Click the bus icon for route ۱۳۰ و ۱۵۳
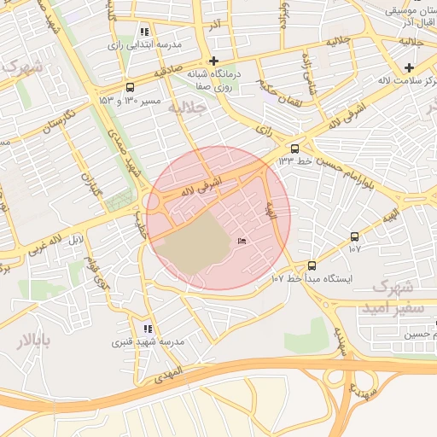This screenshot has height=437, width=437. pyautogui.click(x=130, y=87)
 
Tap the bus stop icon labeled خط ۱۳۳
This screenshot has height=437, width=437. pyautogui.click(x=295, y=147)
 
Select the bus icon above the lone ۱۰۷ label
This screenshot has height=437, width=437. pyautogui.click(x=354, y=236)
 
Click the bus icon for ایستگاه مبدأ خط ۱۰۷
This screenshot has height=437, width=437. pyautogui.click(x=311, y=265)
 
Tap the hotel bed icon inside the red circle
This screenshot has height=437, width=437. pyautogui.click(x=242, y=242)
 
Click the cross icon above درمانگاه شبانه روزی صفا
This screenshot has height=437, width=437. pyautogui.click(x=213, y=61)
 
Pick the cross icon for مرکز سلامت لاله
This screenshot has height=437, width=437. pyautogui.click(x=409, y=67)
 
